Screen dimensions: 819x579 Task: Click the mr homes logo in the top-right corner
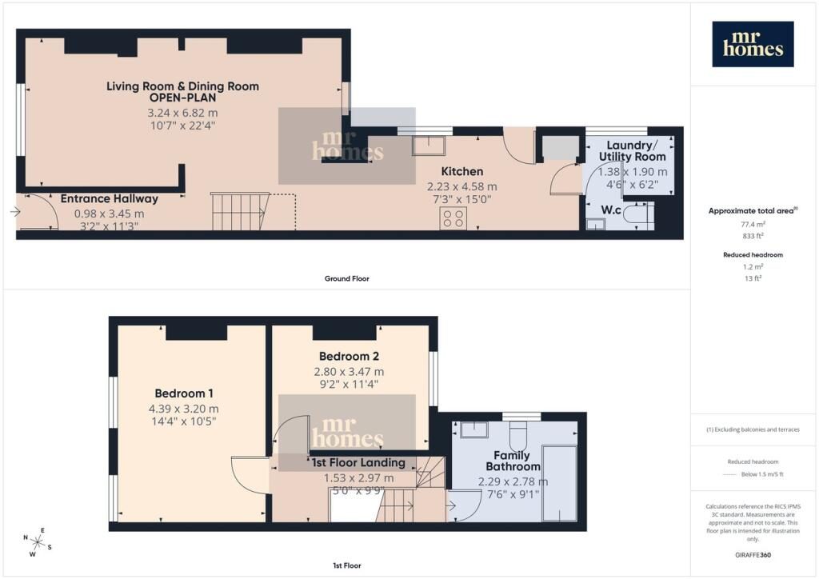click(753, 44)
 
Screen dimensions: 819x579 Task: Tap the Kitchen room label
click(461, 171)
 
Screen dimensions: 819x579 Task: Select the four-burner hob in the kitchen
click(453, 218)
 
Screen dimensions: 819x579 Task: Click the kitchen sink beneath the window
click(429, 146)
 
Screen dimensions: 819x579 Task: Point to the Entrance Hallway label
click(109, 198)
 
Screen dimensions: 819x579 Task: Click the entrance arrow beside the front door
click(15, 211)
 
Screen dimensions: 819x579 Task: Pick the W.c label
click(610, 210)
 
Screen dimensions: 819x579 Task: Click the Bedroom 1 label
click(183, 393)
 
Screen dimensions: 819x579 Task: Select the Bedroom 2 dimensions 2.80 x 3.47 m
click(349, 372)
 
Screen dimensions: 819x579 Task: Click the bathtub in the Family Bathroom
click(559, 483)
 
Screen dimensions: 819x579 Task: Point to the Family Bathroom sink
click(474, 430)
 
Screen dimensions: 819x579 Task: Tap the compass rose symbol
click(37, 542)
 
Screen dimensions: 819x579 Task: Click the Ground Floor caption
click(347, 279)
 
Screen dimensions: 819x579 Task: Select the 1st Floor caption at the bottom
click(347, 565)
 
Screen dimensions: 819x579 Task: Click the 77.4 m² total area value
click(753, 225)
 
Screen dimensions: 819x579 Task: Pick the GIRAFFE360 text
click(753, 555)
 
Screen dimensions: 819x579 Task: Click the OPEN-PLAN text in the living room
click(182, 98)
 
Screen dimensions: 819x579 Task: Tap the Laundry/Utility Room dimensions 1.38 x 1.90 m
click(633, 172)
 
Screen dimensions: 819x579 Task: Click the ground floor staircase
click(240, 211)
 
